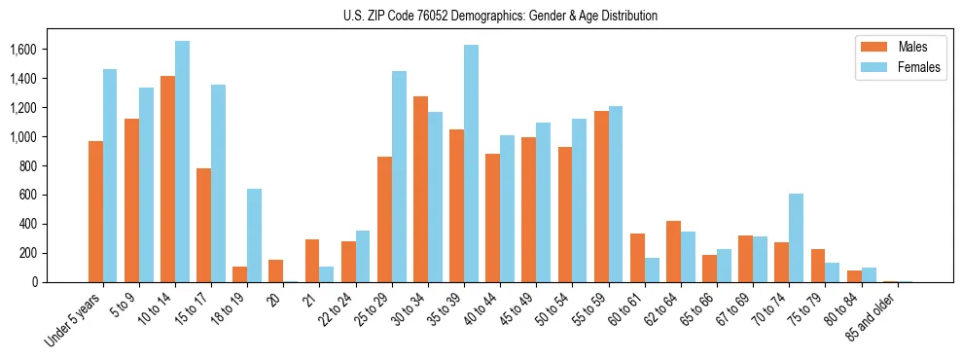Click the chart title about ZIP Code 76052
[500, 16]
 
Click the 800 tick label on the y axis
[26, 166]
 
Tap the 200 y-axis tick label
[26, 253]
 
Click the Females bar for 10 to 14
[182, 162]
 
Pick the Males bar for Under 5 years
[95, 211]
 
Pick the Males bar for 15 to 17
[204, 225]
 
